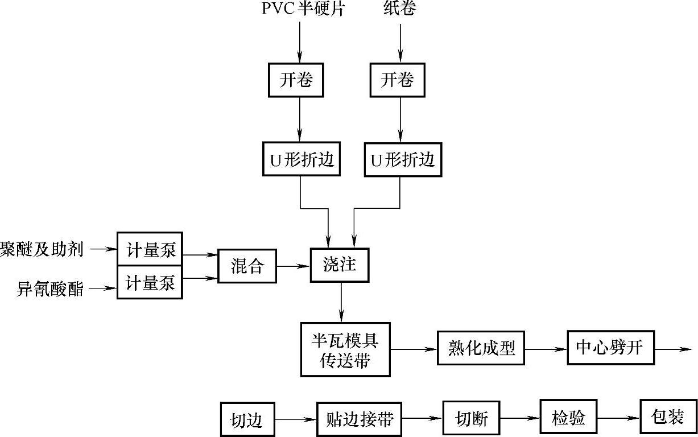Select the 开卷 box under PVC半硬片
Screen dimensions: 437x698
(x=296, y=80)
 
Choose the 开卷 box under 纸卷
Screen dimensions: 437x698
(x=397, y=80)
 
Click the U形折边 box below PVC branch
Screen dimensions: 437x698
(x=301, y=160)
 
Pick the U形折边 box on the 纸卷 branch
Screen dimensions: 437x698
(x=403, y=160)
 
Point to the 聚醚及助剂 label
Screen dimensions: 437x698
(x=42, y=249)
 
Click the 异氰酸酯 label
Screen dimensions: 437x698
(x=50, y=288)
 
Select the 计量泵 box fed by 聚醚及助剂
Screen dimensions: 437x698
(x=150, y=249)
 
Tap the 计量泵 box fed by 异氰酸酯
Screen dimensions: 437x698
(x=150, y=283)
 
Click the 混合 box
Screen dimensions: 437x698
(x=247, y=266)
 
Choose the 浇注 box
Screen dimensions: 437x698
(x=340, y=265)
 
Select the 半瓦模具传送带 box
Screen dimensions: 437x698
(x=345, y=349)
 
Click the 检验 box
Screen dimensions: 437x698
(x=568, y=418)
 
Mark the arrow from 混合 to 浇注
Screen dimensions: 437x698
(x=292, y=266)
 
